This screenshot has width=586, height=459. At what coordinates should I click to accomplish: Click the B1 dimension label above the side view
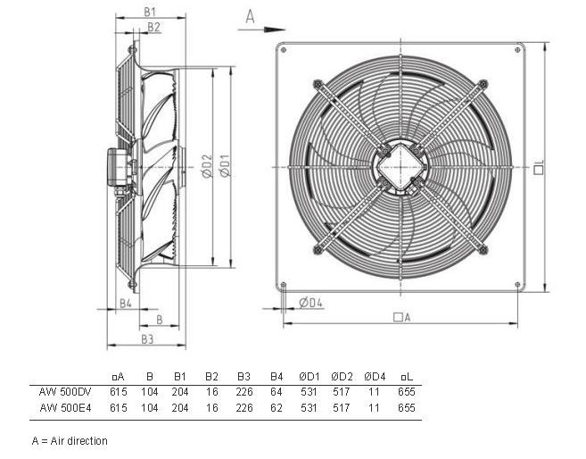click(x=150, y=12)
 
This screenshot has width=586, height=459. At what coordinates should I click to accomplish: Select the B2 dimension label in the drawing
click(x=153, y=28)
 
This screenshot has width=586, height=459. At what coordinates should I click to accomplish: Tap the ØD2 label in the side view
click(x=206, y=165)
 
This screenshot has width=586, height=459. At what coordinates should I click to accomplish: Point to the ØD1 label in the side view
click(x=226, y=165)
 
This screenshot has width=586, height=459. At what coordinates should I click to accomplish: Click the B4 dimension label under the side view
click(x=126, y=304)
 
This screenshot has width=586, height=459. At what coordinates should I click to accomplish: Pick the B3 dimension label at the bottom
click(x=147, y=338)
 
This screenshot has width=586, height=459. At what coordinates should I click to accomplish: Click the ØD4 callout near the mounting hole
click(x=310, y=304)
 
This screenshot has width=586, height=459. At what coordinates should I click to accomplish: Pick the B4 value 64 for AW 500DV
click(x=276, y=391)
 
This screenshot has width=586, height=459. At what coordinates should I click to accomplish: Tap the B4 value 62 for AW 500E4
click(x=276, y=407)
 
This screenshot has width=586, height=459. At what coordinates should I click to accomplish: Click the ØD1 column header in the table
click(x=309, y=376)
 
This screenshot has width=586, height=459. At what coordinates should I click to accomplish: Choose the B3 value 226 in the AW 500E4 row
click(x=243, y=407)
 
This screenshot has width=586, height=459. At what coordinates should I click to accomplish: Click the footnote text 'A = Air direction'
click(x=69, y=441)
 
